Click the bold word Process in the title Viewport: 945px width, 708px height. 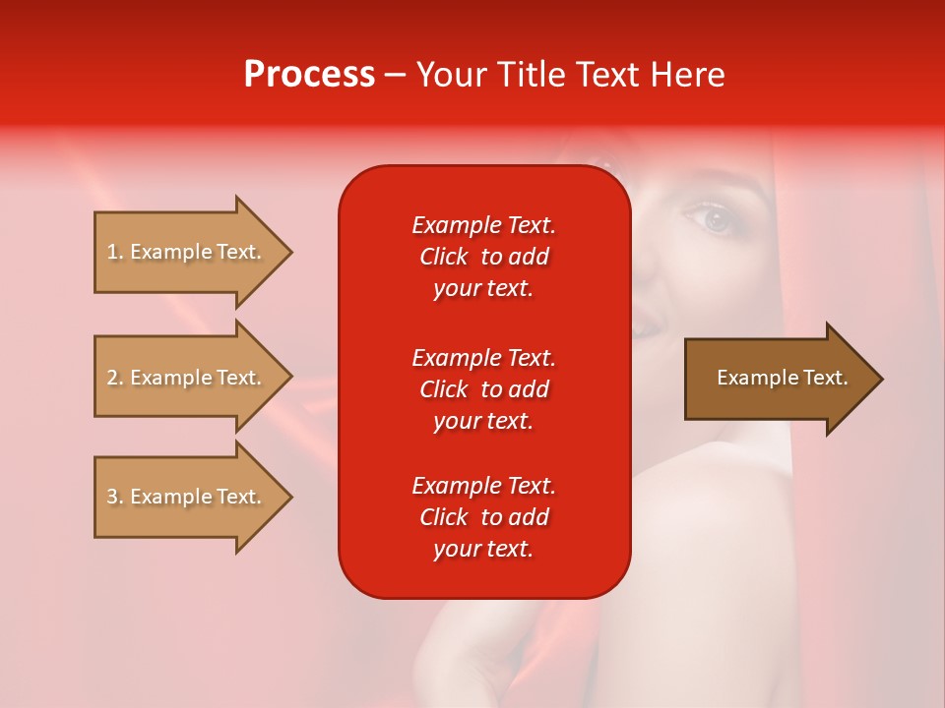(309, 75)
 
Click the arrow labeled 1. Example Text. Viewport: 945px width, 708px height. (187, 252)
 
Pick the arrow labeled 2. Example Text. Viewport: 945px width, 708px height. (187, 378)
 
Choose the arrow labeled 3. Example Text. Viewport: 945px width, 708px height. (187, 497)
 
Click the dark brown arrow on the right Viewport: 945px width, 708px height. (778, 379)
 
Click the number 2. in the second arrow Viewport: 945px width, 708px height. (115, 378)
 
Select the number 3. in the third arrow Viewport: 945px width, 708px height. (115, 497)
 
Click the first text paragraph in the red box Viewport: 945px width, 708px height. (483, 257)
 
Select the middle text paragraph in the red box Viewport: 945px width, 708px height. (483, 389)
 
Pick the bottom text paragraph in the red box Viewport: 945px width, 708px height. (483, 517)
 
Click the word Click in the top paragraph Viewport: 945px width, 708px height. (443, 257)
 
